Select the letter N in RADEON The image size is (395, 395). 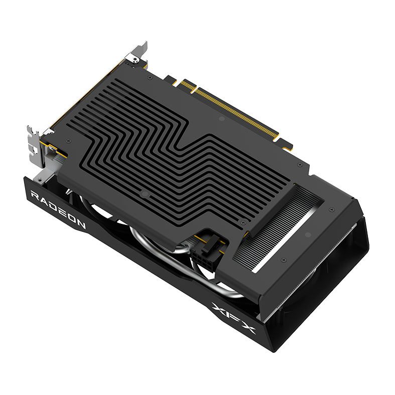(80, 224)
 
